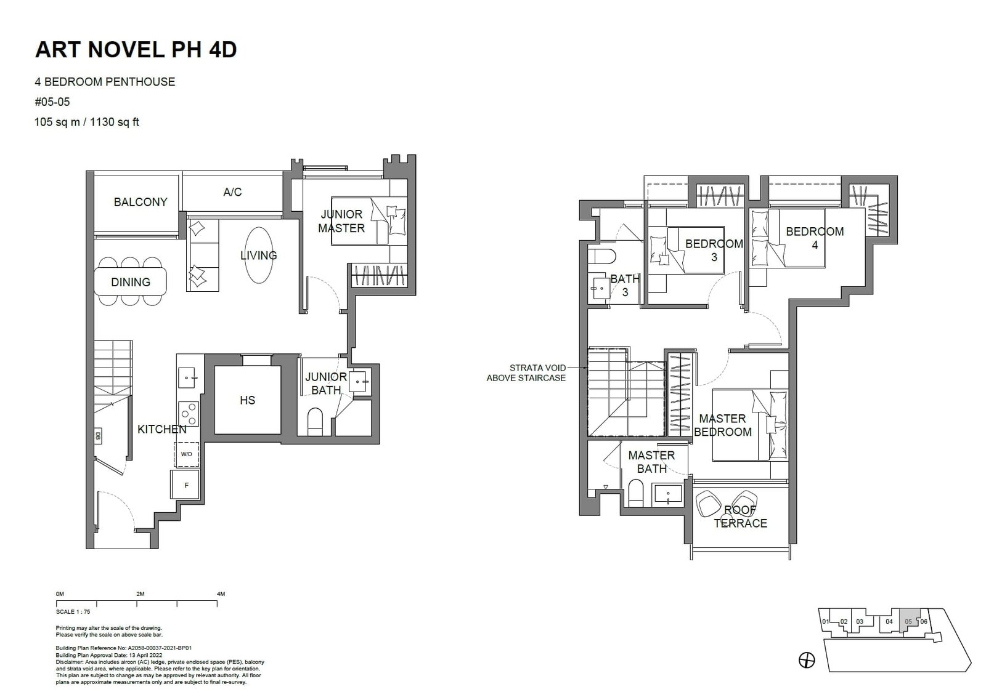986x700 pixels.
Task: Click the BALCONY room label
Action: tap(141, 202)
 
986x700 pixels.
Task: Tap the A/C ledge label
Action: tap(232, 192)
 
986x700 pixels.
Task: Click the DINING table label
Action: tap(131, 282)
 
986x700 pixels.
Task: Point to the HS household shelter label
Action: tap(247, 400)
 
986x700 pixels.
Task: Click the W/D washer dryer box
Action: tap(187, 454)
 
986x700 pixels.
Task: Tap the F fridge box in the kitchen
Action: tap(187, 485)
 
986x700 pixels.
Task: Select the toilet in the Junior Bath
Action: tap(316, 422)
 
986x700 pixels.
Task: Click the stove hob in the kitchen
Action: tap(189, 413)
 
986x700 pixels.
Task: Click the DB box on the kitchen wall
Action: tap(99, 436)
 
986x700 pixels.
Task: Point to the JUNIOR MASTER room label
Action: tap(341, 221)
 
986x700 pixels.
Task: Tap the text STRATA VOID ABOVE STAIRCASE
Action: tap(527, 373)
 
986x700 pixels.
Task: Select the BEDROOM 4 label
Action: tap(814, 238)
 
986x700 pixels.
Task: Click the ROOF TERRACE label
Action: tap(740, 517)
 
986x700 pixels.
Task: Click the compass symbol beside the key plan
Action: tap(806, 661)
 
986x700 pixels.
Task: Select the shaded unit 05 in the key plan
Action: tap(909, 621)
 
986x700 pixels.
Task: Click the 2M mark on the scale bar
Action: tap(141, 594)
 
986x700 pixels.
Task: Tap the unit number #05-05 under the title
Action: tap(52, 102)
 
